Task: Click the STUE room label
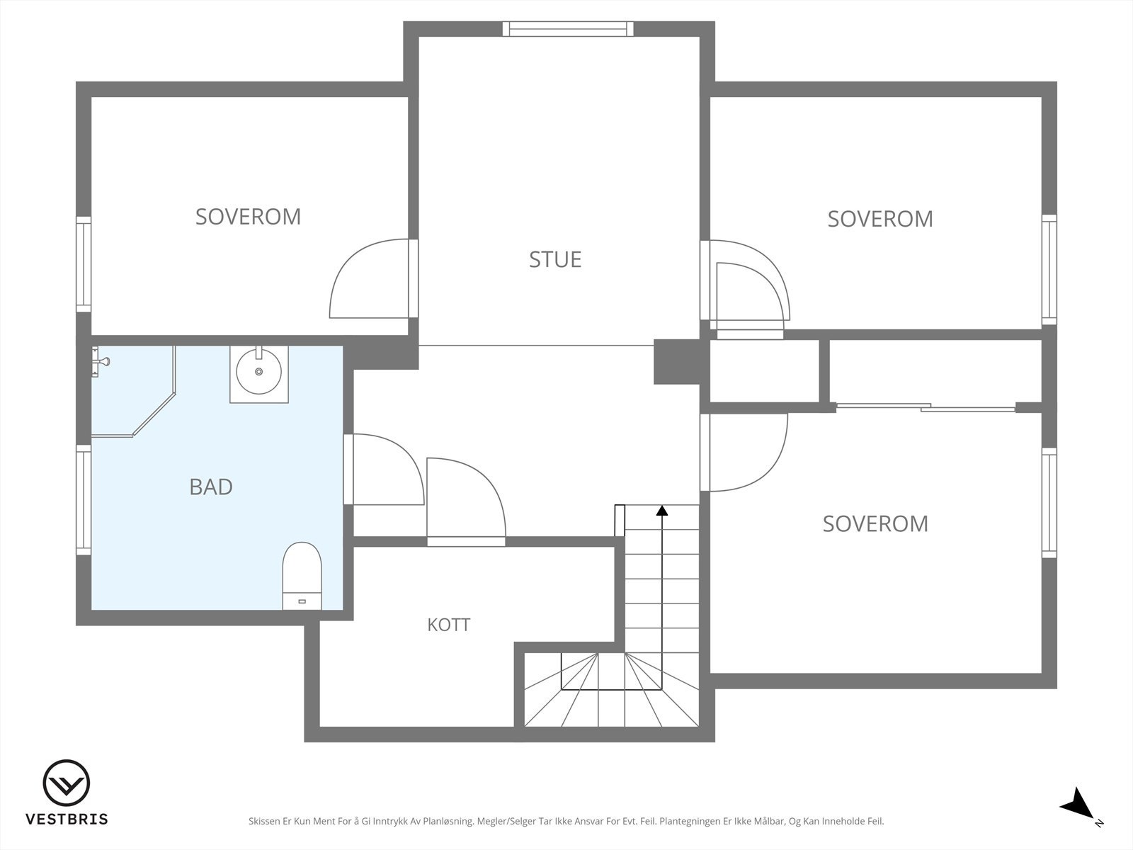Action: pyautogui.click(x=555, y=259)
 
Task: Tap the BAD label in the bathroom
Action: pyautogui.click(x=210, y=487)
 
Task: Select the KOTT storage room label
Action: pyautogui.click(x=448, y=625)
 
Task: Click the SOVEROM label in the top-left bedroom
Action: pyautogui.click(x=248, y=217)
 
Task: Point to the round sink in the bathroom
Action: pyautogui.click(x=258, y=371)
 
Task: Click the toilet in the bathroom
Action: pyautogui.click(x=302, y=575)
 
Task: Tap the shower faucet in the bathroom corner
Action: pyautogui.click(x=100, y=362)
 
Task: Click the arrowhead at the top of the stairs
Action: pyautogui.click(x=661, y=511)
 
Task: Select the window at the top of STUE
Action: pyautogui.click(x=568, y=29)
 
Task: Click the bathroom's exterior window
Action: pyautogui.click(x=84, y=499)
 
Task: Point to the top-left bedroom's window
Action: pyautogui.click(x=84, y=264)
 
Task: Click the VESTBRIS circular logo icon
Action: pyautogui.click(x=66, y=783)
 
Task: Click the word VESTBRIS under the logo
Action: pyautogui.click(x=67, y=819)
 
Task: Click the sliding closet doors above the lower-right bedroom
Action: pyautogui.click(x=926, y=407)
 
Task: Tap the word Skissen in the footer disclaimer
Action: pyautogui.click(x=265, y=821)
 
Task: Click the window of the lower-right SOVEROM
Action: pyautogui.click(x=1049, y=503)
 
